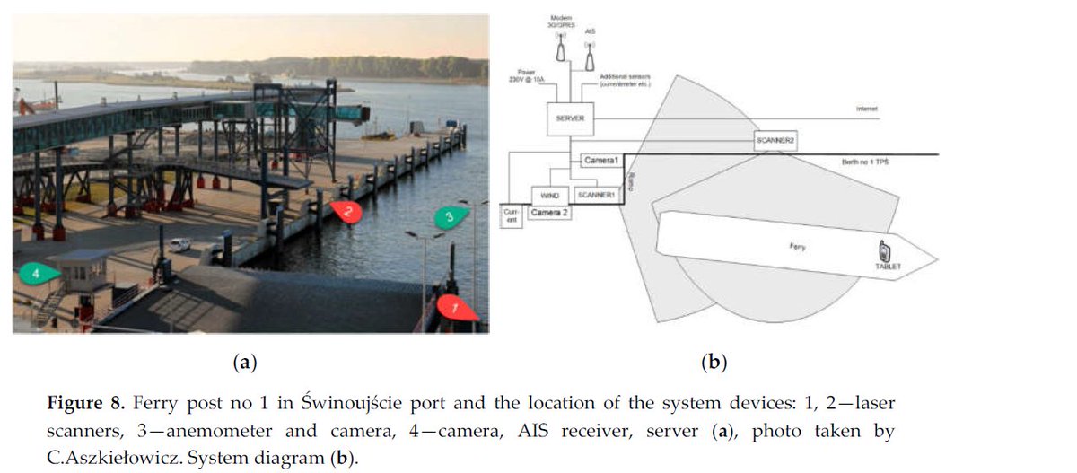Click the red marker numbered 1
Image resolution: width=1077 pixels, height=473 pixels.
pos(457,308)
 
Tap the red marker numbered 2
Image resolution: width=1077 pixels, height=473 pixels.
pos(346,212)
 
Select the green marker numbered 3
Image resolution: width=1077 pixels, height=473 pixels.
pos(451,216)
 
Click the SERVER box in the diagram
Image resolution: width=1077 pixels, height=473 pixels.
pos(571,118)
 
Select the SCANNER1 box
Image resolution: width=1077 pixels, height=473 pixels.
pos(595,194)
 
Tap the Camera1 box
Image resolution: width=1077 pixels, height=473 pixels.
pos(601,160)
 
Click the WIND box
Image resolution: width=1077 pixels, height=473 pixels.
pos(549,194)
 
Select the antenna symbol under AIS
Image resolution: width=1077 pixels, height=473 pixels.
pos(590,57)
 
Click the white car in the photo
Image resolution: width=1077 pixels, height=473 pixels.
pos(180,244)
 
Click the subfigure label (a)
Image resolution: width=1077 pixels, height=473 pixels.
pos(244,363)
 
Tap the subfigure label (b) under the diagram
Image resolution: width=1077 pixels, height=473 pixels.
pos(714,363)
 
